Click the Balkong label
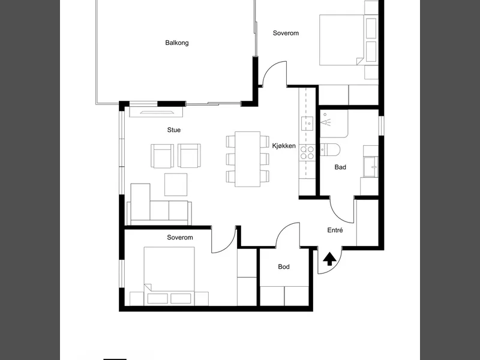(176, 43)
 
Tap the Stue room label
(174, 130)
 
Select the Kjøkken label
(284, 146)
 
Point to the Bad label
(340, 167)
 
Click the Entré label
(335, 230)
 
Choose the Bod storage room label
(284, 266)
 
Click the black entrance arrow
(329, 259)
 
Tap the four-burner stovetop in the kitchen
(307, 152)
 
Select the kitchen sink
(307, 124)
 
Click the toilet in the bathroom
(330, 149)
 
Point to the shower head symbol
(325, 119)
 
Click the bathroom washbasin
(371, 167)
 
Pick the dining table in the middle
(248, 159)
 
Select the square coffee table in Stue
(176, 185)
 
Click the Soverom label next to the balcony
(286, 33)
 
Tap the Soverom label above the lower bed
(180, 237)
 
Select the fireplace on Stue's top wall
(156, 112)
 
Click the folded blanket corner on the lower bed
(148, 288)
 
